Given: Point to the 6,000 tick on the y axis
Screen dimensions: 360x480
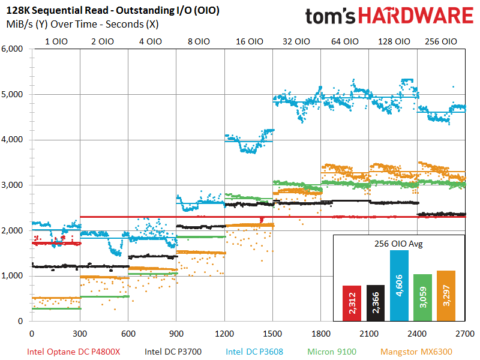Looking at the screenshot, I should pyautogui.click(x=13, y=49).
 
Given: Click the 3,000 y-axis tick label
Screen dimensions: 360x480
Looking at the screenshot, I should pyautogui.click(x=13, y=185).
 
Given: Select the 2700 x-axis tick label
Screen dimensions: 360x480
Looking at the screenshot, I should pyautogui.click(x=464, y=332).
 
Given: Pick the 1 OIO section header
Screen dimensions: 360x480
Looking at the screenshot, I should pyautogui.click(x=56, y=41).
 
